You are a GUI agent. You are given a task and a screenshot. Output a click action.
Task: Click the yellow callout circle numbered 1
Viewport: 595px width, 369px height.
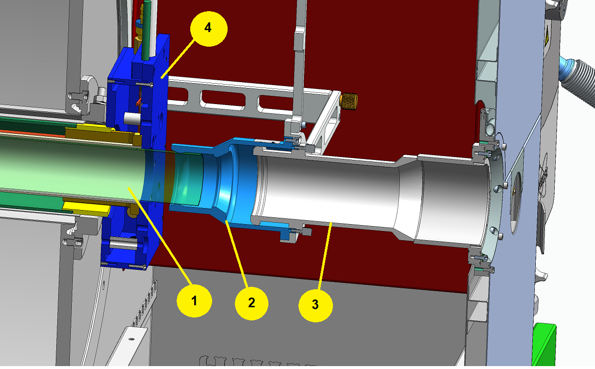pos(194,300)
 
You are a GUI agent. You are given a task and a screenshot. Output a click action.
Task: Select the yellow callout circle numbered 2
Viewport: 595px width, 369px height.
pos(251,303)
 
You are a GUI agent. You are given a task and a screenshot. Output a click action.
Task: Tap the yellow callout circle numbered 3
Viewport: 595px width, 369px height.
pos(315,305)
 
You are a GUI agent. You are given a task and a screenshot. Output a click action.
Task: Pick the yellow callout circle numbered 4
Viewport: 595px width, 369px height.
pos(209,29)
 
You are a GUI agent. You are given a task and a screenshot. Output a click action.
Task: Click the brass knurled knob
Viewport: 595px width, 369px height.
pos(349,101)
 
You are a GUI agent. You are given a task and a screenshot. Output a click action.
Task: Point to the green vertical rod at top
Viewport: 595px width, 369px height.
pos(146,30)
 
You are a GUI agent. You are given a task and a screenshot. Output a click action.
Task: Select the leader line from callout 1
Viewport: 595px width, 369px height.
pos(160,236)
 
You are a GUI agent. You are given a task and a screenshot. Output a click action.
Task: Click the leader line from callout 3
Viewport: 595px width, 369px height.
pos(325,256)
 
